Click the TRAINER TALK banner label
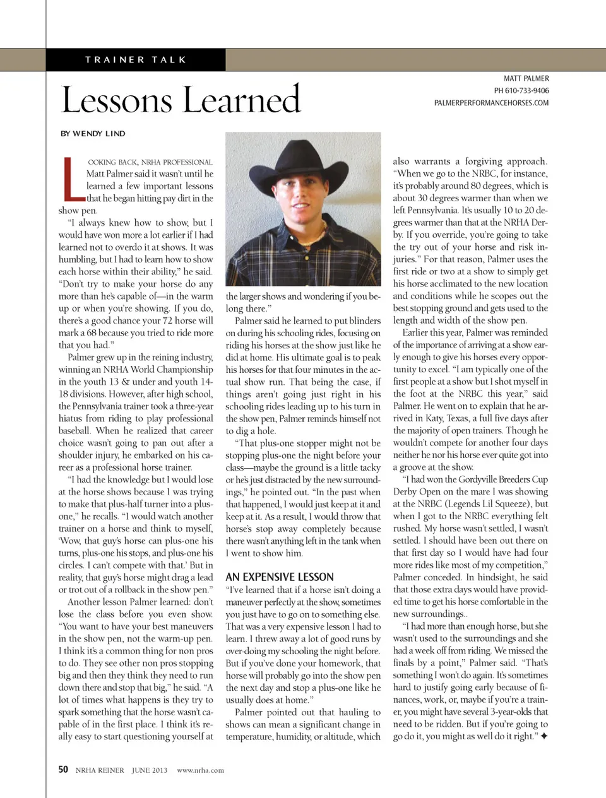136,60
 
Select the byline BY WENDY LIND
93,134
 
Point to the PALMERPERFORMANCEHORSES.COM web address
491,103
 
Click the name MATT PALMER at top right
526,79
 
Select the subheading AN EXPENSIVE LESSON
280,577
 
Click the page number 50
63,770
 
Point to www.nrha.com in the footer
200,770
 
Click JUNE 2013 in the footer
150,770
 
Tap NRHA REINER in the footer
100,770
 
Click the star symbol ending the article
544,736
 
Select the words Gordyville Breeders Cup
494,479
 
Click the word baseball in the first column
75,431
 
